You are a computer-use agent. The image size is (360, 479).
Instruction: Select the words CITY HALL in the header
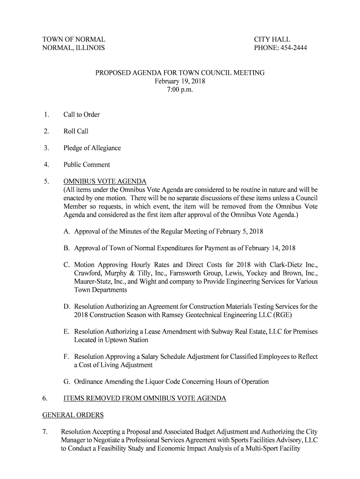272,39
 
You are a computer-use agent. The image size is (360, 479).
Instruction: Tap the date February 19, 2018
180,81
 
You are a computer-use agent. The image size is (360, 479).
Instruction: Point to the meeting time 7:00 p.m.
180,90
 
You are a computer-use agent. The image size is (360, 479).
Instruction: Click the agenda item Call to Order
81,115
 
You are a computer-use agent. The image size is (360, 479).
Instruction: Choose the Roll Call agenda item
76,131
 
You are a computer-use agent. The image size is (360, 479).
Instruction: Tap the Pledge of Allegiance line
92,148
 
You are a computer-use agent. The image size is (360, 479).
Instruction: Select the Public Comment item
86,165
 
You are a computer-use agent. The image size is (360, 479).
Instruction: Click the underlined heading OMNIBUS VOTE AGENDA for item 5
105,181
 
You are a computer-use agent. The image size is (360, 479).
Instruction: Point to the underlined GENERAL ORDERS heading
73,415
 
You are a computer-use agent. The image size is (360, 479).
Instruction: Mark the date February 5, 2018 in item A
238,232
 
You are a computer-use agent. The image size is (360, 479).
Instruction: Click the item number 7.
45,432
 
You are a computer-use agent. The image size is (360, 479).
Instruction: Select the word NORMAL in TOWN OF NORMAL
89,39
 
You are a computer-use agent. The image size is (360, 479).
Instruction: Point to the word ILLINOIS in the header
89,48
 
